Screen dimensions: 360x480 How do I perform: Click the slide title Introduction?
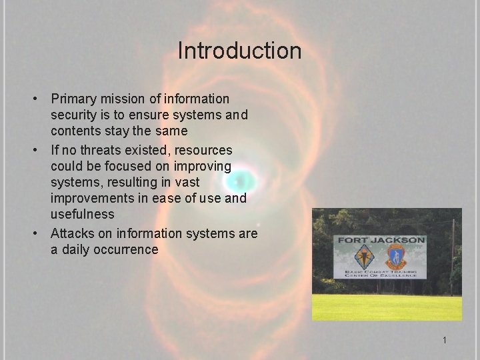coord(239,51)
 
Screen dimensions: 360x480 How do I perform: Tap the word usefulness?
coord(82,214)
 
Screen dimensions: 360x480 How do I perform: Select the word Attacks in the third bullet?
coord(73,233)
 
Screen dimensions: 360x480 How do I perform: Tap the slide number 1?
coord(444,341)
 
